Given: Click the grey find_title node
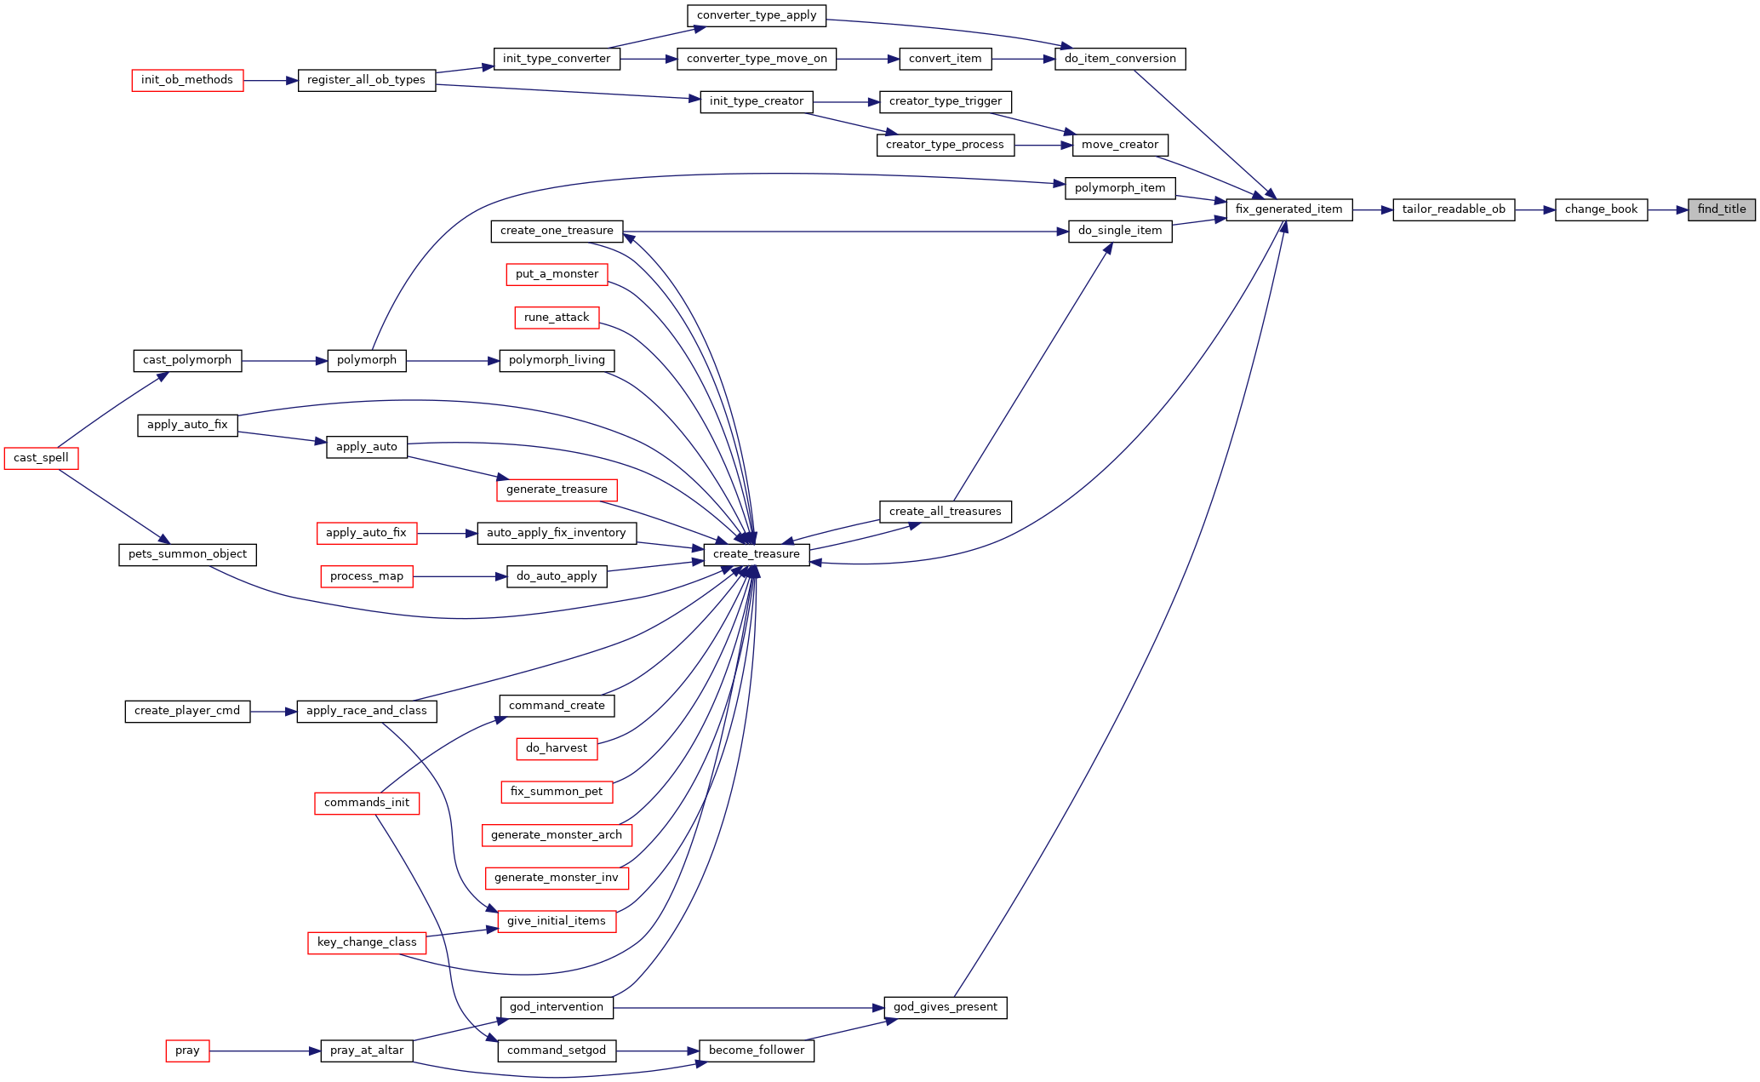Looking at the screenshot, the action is pyautogui.click(x=1722, y=209).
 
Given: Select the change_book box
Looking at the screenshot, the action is pyautogui.click(x=1601, y=209).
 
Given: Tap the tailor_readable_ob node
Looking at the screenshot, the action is pyautogui.click(x=1454, y=209).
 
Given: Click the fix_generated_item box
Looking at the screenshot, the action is pyautogui.click(x=1289, y=209).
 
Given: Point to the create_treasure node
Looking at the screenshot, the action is pyautogui.click(x=757, y=554).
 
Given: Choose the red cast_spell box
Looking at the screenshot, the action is pyautogui.click(x=41, y=458).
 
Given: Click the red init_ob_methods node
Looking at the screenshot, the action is pyautogui.click(x=187, y=80).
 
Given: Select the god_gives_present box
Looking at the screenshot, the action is pyautogui.click(x=946, y=1007).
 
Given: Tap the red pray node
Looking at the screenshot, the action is pyautogui.click(x=187, y=1051).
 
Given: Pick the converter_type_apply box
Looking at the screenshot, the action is pyautogui.click(x=757, y=15).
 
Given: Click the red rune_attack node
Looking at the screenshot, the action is pyautogui.click(x=557, y=318).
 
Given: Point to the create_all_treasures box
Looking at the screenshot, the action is pyautogui.click(x=946, y=512).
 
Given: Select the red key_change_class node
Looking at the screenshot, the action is pyautogui.click(x=367, y=942).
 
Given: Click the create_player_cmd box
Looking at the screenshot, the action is pyautogui.click(x=187, y=711).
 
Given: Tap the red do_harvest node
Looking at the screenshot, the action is pyautogui.click(x=557, y=748).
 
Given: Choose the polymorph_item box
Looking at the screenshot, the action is pyautogui.click(x=1120, y=188).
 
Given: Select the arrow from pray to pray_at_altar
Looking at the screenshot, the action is pyautogui.click(x=265, y=1051).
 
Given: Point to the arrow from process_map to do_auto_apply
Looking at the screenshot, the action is pyautogui.click(x=460, y=576).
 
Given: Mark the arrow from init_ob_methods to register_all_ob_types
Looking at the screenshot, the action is pyautogui.click(x=271, y=81).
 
